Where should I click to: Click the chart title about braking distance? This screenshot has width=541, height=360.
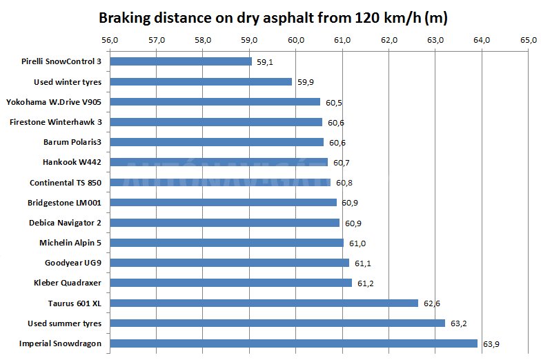click(x=273, y=17)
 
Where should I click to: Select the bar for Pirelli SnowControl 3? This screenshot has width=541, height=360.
click(x=181, y=61)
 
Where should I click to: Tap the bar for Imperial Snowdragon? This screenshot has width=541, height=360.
click(x=293, y=343)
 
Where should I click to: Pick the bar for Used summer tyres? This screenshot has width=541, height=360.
click(x=277, y=323)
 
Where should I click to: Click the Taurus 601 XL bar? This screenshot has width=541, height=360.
click(x=264, y=303)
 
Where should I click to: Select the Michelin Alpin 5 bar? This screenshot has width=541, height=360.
click(x=226, y=243)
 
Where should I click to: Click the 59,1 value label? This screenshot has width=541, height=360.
click(x=265, y=62)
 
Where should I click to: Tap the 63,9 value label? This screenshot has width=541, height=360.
click(x=491, y=343)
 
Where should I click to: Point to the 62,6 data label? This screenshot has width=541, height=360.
click(x=431, y=303)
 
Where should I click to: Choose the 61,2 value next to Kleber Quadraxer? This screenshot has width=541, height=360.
click(x=366, y=283)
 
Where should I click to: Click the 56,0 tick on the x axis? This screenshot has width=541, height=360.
click(x=110, y=40)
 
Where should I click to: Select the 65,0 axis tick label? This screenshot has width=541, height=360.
click(x=529, y=40)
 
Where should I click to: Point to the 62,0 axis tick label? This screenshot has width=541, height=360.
click(x=389, y=40)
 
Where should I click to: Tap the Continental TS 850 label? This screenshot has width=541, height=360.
click(x=66, y=183)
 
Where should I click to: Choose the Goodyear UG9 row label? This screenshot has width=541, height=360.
click(x=74, y=263)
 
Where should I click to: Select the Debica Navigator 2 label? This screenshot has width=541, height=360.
click(x=64, y=223)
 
